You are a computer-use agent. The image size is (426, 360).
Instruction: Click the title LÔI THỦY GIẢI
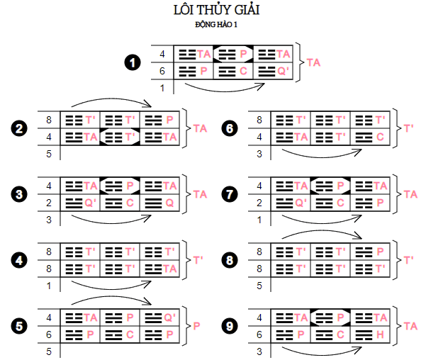click(x=212, y=11)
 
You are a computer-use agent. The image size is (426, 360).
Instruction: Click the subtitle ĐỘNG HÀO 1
click(x=212, y=25)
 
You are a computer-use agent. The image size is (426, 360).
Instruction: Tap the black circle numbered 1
click(x=132, y=62)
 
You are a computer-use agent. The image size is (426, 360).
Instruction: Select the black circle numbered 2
click(x=19, y=128)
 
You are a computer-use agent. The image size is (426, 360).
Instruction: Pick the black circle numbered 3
click(x=19, y=193)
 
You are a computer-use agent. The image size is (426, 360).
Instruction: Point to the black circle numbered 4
click(x=19, y=259)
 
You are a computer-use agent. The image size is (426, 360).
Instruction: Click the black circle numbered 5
click(x=19, y=325)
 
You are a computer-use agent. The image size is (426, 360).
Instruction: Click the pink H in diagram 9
click(x=380, y=333)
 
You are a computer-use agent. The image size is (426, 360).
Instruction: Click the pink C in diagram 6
click(x=380, y=135)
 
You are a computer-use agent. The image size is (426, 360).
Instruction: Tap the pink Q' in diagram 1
click(x=284, y=70)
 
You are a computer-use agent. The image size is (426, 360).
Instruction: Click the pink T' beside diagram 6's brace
click(x=409, y=128)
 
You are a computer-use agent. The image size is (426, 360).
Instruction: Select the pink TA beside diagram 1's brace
click(x=313, y=62)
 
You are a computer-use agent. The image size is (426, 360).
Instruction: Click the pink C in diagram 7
click(x=342, y=201)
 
